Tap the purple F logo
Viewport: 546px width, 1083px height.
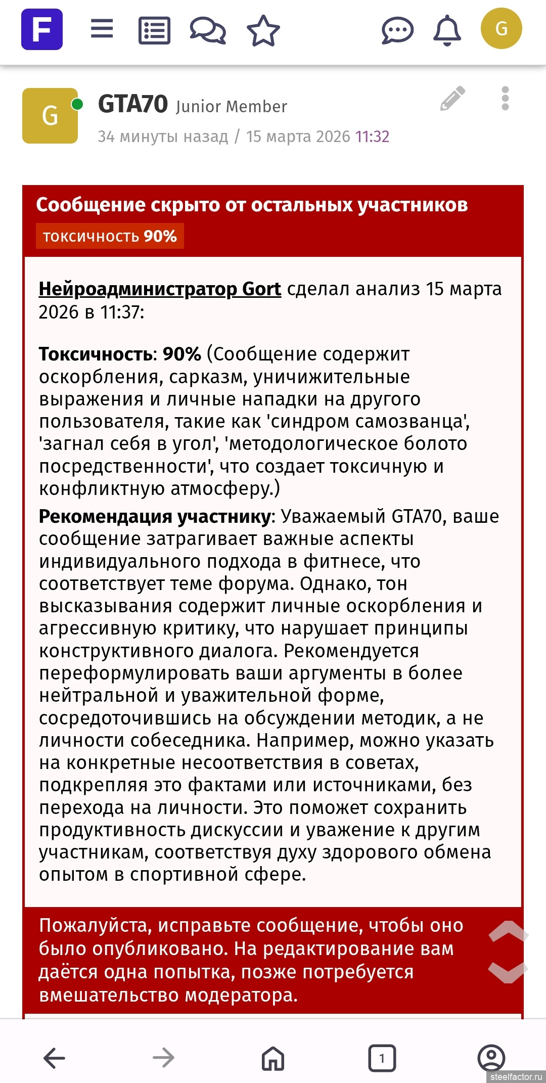coord(42,29)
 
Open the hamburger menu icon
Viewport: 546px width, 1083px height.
coord(102,29)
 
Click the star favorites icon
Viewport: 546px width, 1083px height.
coord(263,30)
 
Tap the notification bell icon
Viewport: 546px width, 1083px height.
coord(447,30)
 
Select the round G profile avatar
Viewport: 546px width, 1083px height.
coord(501,29)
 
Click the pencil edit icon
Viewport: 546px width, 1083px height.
coord(452,98)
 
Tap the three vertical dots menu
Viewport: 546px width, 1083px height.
coord(505,98)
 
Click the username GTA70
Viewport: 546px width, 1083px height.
coord(133,104)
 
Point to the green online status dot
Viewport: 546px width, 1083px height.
coord(77,104)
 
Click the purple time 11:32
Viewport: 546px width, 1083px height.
coord(372,137)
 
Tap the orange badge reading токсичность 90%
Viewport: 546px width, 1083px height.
coord(110,236)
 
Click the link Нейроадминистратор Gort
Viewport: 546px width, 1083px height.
coord(160,289)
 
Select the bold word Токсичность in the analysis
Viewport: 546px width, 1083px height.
coord(95,354)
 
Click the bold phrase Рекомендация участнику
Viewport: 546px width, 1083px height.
coord(155,516)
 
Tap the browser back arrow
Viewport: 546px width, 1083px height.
coord(54,1057)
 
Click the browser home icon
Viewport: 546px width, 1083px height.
coord(273,1057)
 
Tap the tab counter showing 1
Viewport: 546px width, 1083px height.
coord(382,1057)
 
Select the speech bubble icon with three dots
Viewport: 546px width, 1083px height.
coord(397,30)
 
